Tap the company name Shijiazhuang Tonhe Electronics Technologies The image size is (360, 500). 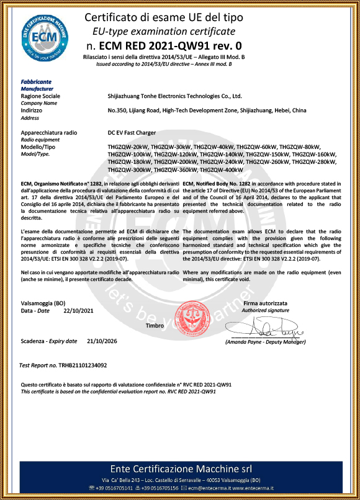(174, 97)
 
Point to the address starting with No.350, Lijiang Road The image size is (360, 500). (207, 110)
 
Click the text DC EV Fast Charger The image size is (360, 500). (132, 133)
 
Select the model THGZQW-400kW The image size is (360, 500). (221, 169)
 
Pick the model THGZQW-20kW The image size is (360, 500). (128, 146)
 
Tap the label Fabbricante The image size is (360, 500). (36, 82)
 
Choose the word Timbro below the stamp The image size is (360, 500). (155, 325)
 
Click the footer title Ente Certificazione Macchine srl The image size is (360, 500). (179, 467)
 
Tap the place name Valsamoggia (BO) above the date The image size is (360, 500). (43, 302)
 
